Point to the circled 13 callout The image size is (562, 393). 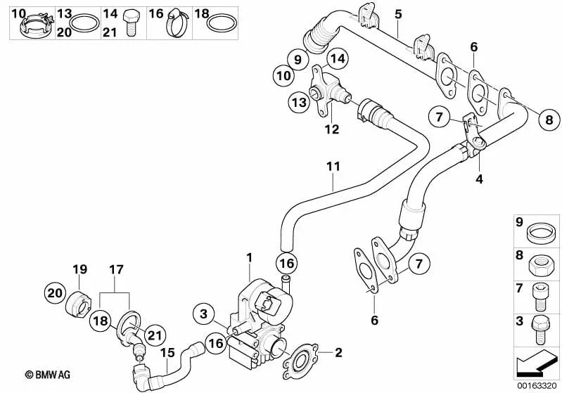[x=299, y=103]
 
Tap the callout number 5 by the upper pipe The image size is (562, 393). [x=398, y=13]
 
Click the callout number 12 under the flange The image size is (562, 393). [x=331, y=129]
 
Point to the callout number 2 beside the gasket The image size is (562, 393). [x=338, y=352]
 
